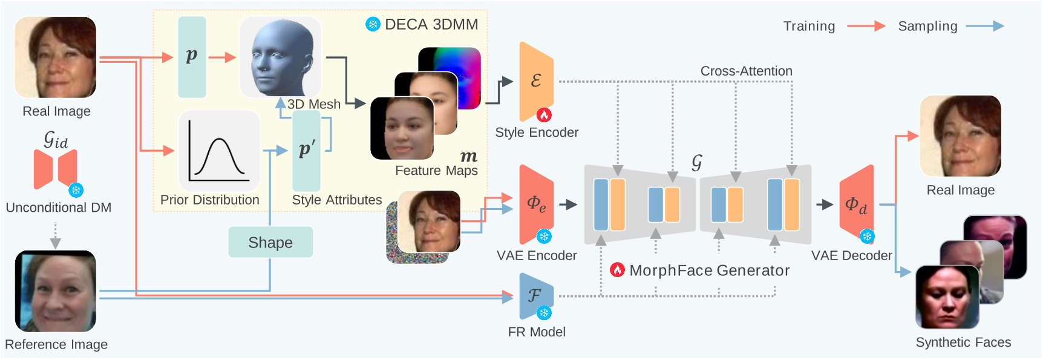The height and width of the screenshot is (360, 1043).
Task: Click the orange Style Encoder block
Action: pos(536,81)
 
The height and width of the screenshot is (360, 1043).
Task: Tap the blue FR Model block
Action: pos(535,295)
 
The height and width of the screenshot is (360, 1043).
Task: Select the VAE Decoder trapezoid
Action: pos(856,205)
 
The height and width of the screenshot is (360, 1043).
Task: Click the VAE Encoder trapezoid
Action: pos(536,204)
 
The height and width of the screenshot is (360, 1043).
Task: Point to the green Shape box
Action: pos(270,242)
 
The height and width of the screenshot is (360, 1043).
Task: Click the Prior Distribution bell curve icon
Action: pos(219,151)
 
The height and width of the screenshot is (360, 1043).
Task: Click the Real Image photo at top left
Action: pos(56,57)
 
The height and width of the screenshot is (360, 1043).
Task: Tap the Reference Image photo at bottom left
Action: pos(56,291)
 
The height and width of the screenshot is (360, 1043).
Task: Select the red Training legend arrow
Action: pos(866,26)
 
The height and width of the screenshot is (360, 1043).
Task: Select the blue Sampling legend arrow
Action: pos(984,26)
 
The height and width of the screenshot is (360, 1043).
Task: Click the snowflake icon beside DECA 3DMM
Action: pos(373,24)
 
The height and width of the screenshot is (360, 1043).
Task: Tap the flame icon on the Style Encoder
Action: pos(544,114)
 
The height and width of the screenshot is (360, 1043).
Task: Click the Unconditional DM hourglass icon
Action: pos(56,169)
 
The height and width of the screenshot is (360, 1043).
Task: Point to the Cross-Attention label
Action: pos(746,71)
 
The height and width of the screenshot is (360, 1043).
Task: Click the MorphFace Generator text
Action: pos(709,270)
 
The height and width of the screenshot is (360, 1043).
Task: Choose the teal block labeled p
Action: pos(192,57)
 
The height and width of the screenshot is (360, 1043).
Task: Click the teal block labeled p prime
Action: pos(306,150)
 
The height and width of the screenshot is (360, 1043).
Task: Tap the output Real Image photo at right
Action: pos(960,136)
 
